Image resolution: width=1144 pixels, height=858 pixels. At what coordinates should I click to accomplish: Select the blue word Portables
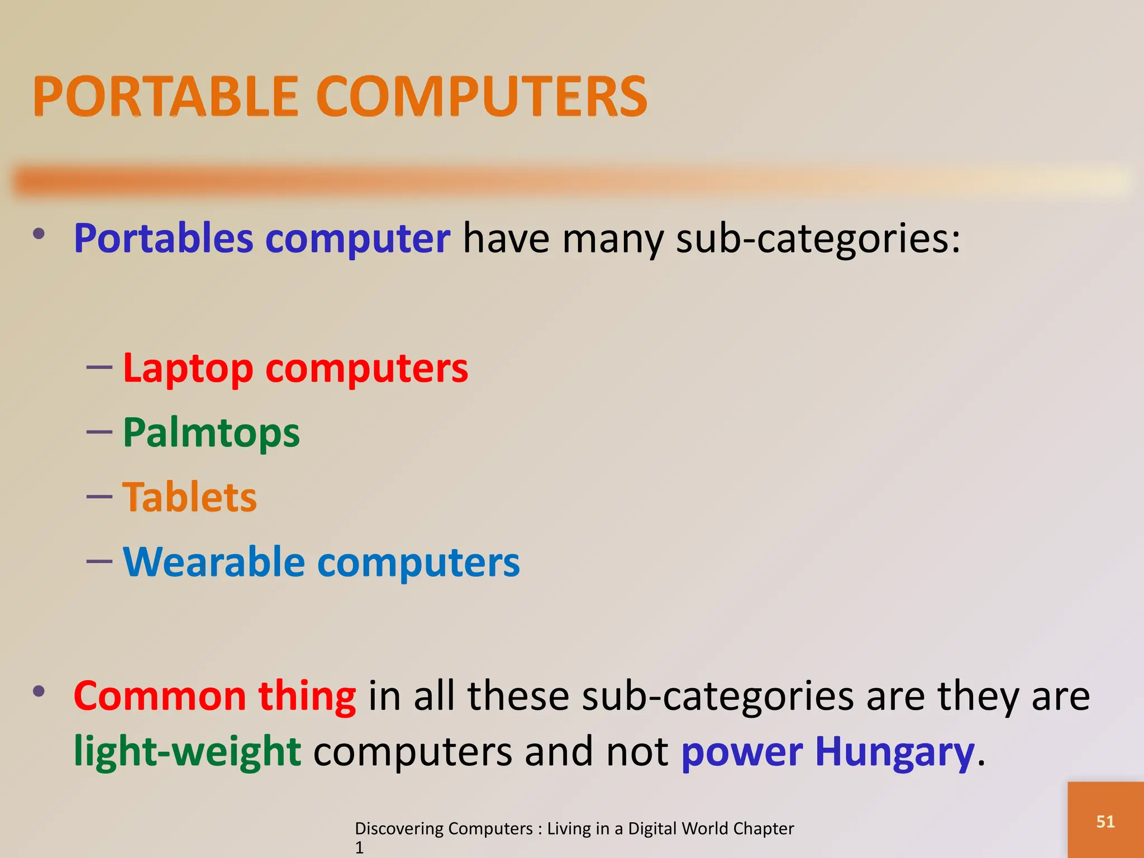164,239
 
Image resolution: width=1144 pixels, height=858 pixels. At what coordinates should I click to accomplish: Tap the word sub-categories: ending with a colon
818,239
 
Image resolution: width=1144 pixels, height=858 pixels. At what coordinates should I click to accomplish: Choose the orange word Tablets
189,497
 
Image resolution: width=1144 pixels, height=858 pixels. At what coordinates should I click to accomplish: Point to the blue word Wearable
214,562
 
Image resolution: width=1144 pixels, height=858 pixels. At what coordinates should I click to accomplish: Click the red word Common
160,697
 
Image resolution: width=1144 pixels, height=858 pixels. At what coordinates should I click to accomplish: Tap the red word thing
307,697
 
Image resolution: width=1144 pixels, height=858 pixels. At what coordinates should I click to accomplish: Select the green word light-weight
188,752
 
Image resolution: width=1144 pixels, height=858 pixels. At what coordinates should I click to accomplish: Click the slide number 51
1105,822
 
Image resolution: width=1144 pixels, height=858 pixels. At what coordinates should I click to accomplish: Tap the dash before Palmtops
99,432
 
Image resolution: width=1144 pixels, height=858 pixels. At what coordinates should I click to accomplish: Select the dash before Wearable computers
99,560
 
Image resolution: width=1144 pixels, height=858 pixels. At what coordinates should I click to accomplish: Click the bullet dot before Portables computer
39,233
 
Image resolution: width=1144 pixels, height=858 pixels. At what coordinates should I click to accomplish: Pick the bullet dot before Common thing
39,692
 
